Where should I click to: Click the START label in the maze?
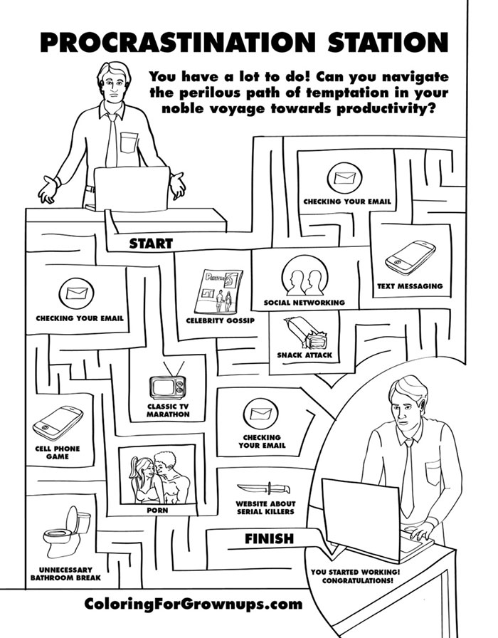pyautogui.click(x=150, y=244)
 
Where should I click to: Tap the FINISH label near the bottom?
pyautogui.click(x=269, y=539)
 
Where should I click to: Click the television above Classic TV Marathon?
pyautogui.click(x=168, y=385)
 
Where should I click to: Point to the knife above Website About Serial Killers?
pyautogui.click(x=263, y=488)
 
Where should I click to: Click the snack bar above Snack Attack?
pyautogui.click(x=305, y=333)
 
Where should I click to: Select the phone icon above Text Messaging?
pyautogui.click(x=410, y=257)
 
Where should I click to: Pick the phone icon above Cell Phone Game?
pyautogui.click(x=57, y=424)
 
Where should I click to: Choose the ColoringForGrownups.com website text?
pyautogui.click(x=193, y=605)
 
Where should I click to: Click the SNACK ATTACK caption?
pyautogui.click(x=304, y=355)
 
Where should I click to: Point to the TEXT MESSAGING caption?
pyautogui.click(x=410, y=286)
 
